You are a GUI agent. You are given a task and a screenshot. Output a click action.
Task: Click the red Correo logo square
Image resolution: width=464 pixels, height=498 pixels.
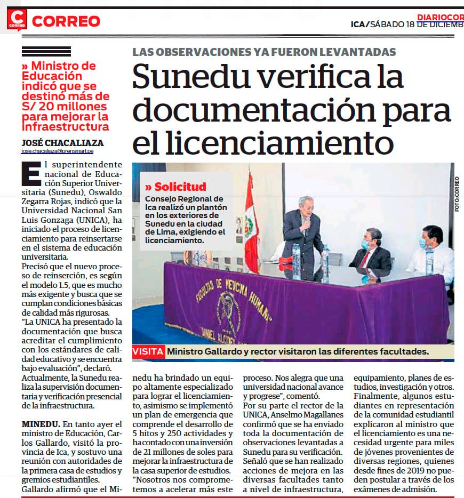tap(17, 20)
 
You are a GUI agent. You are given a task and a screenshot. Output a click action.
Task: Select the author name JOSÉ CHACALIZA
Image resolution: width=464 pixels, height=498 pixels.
tap(62, 143)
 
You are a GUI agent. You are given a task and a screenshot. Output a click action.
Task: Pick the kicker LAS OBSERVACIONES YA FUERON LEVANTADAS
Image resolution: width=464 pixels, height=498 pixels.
tap(264, 52)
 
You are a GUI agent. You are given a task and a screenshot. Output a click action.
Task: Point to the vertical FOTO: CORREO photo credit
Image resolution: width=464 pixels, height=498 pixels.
tap(458, 195)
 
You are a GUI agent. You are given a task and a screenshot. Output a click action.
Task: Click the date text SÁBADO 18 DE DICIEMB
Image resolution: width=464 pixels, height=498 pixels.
tap(416, 24)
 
